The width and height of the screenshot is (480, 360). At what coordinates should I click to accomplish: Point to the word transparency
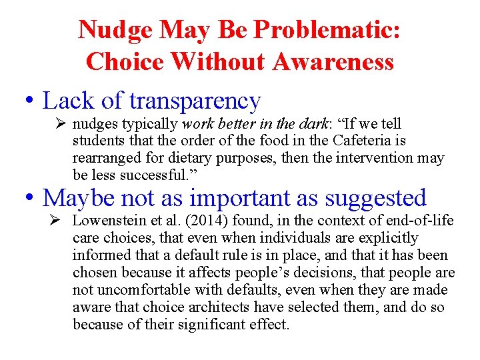point(195,101)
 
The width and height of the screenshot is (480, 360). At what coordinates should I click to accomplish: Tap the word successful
point(147,176)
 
